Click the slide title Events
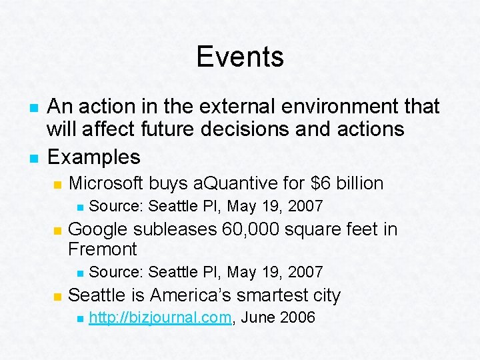[x=240, y=57]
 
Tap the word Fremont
[x=102, y=249]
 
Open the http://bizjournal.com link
[x=160, y=317]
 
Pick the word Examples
[x=94, y=157]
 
